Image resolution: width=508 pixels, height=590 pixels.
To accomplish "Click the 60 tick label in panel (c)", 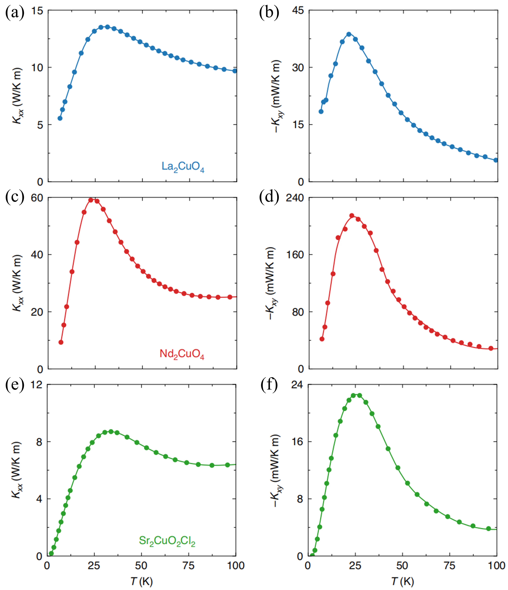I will click(37, 198).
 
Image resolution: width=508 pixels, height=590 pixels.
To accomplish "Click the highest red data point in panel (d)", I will click(352, 216).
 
